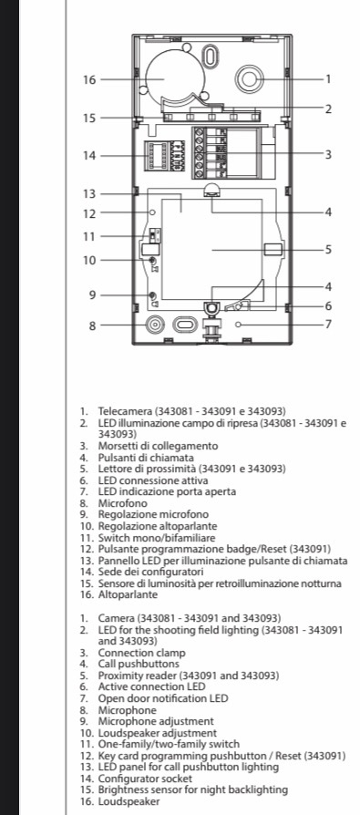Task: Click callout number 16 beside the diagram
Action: click(89, 79)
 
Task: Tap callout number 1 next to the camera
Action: click(328, 79)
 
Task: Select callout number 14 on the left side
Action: click(89, 155)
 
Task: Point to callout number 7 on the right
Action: click(328, 325)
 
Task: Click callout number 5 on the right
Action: click(328, 250)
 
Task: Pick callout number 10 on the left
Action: click(89, 260)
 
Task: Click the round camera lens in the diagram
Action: click(250, 79)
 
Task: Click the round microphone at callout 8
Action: click(154, 325)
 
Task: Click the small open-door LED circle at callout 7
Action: click(239, 325)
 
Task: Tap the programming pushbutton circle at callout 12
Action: click(152, 212)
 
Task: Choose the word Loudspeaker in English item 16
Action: click(129, 801)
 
